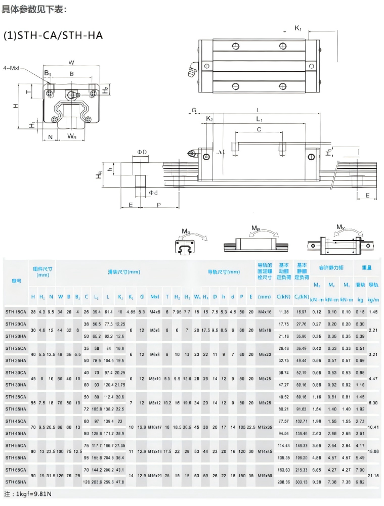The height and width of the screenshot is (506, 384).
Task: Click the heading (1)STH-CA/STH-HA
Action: coord(53,35)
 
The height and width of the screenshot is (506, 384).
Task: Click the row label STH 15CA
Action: coord(16,312)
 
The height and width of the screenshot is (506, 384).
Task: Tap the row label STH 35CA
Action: coord(16,397)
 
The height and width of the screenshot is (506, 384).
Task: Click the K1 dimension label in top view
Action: coord(298,28)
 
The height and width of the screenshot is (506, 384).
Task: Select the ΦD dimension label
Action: coord(142,152)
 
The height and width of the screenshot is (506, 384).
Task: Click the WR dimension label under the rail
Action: coord(71,136)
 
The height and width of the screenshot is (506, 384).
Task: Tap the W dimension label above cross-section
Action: coord(71,63)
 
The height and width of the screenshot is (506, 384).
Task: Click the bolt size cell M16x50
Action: coord(265,476)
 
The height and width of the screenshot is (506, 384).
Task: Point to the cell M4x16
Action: coord(265,312)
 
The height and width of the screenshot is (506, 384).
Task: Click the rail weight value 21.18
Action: coord(373,476)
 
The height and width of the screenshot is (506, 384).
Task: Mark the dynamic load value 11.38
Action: coord(283,312)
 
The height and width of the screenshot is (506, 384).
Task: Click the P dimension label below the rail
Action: coord(158,205)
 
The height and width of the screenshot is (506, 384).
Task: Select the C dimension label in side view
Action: coord(259,130)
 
